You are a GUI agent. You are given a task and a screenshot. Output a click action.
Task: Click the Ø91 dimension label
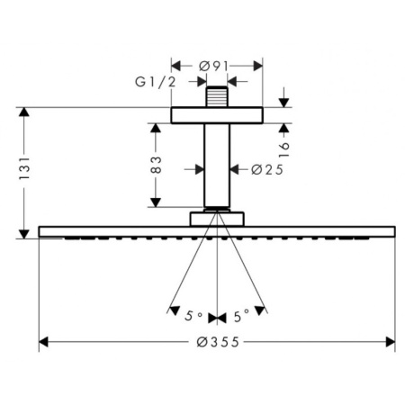214,67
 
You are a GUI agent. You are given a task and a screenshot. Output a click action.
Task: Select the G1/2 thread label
155,82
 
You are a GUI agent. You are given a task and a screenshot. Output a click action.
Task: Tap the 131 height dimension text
24,168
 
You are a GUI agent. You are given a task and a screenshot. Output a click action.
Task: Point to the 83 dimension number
156,165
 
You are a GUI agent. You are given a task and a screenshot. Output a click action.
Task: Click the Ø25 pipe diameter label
267,170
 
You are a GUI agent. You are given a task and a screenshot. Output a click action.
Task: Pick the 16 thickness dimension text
284,149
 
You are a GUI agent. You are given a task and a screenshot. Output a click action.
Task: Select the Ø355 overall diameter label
218,342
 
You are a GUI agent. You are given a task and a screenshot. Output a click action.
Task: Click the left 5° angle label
193,316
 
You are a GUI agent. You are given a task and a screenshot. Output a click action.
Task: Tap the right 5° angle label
242,316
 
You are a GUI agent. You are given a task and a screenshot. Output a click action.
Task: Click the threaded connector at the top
217,96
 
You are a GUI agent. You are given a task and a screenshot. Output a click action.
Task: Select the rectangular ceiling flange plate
217,115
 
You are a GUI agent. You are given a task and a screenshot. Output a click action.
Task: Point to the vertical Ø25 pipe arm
217,166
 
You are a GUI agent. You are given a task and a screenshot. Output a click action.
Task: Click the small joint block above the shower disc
217,219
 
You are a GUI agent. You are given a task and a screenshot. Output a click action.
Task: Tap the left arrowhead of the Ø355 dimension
43,342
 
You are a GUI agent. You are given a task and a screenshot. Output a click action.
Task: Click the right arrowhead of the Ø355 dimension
391,342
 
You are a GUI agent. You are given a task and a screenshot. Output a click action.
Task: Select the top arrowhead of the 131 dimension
24,112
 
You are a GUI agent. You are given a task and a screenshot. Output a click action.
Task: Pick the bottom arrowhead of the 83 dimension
156,202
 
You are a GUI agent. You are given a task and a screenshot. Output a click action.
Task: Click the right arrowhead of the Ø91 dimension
258,66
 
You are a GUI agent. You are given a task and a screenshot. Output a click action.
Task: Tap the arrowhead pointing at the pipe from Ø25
234,169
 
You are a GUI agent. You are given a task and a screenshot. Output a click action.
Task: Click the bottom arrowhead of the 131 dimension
24,234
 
